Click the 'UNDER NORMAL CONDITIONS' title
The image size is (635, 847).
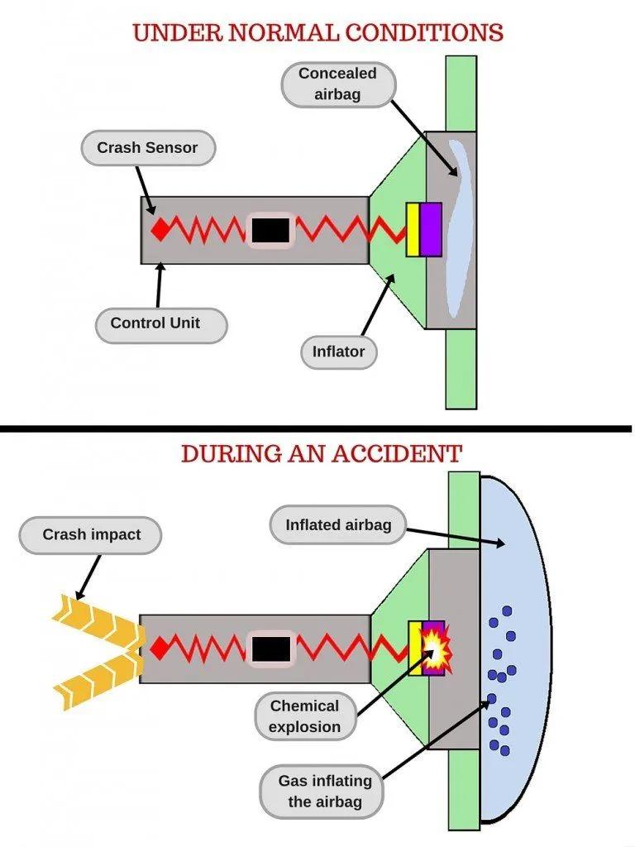tap(317, 32)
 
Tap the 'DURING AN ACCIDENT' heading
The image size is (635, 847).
tap(321, 453)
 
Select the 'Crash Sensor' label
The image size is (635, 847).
tap(148, 148)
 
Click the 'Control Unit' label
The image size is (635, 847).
tap(155, 323)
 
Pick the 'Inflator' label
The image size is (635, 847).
tap(338, 352)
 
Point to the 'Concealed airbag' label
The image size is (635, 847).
tap(337, 84)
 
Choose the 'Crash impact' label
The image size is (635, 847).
tap(92, 534)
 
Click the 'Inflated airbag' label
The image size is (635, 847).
tap(338, 524)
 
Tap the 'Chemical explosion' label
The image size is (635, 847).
tap(304, 716)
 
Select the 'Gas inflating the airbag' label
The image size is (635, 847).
tap(325, 791)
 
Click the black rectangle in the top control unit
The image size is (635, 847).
tap(270, 230)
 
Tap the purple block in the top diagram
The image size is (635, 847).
tap(431, 229)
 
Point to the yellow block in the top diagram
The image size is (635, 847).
tap(413, 229)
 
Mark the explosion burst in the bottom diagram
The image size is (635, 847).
tap(433, 648)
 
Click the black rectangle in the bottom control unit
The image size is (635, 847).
tap(270, 648)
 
